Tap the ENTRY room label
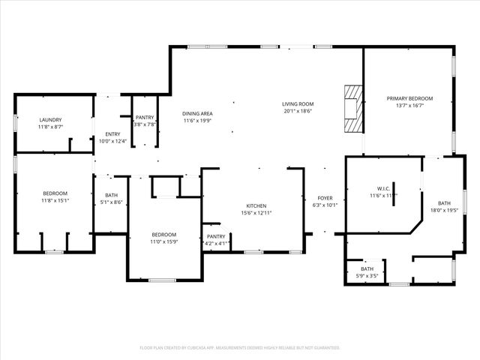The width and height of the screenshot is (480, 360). pyautogui.click(x=113, y=133)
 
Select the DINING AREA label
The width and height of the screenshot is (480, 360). pyautogui.click(x=197, y=112)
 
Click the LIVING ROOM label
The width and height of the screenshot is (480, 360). pyautogui.click(x=298, y=103)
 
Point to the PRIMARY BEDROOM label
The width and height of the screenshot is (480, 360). pyautogui.click(x=409, y=98)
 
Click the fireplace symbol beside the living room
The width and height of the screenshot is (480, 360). pyautogui.click(x=352, y=109)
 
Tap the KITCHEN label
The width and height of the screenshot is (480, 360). pyautogui.click(x=256, y=205)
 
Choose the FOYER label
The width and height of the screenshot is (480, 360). pyautogui.click(x=325, y=198)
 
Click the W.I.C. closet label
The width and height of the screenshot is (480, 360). pyautogui.click(x=382, y=188)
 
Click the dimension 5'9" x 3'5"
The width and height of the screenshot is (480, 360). pyautogui.click(x=367, y=276)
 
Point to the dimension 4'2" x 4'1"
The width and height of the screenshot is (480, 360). pyautogui.click(x=217, y=244)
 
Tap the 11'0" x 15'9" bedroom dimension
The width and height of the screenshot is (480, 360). pyautogui.click(x=164, y=241)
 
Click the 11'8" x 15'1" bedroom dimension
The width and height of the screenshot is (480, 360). pyautogui.click(x=55, y=200)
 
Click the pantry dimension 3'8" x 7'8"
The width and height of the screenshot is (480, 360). pyautogui.click(x=145, y=124)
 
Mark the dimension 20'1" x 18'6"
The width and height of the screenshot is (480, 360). pyautogui.click(x=298, y=111)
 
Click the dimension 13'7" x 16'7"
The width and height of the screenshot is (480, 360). pyautogui.click(x=409, y=106)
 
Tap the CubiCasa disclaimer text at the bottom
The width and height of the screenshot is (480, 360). pyautogui.click(x=240, y=347)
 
